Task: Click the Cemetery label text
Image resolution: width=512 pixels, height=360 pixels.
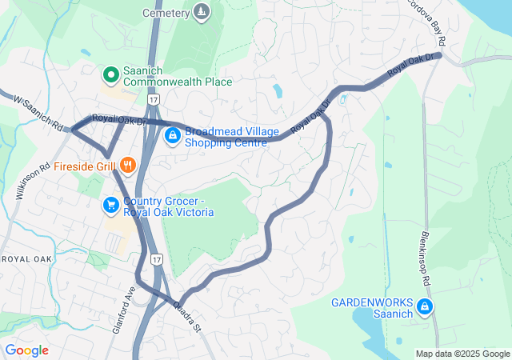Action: tap(166, 13)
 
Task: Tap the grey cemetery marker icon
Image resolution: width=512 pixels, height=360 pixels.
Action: tap(202, 12)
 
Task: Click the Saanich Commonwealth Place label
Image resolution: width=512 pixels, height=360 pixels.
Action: tap(177, 76)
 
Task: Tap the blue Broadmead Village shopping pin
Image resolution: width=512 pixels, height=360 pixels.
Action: tap(172, 137)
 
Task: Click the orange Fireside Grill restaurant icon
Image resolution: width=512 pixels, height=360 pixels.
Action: tap(127, 166)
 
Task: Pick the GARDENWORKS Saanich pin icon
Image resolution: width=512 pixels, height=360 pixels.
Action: tap(426, 307)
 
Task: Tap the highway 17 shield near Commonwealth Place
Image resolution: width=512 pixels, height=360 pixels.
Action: tap(153, 98)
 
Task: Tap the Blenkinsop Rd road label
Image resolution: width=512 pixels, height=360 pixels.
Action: tap(425, 256)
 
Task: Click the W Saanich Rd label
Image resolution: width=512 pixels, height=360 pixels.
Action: tap(38, 114)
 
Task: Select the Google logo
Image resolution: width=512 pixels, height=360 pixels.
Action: tap(27, 350)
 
